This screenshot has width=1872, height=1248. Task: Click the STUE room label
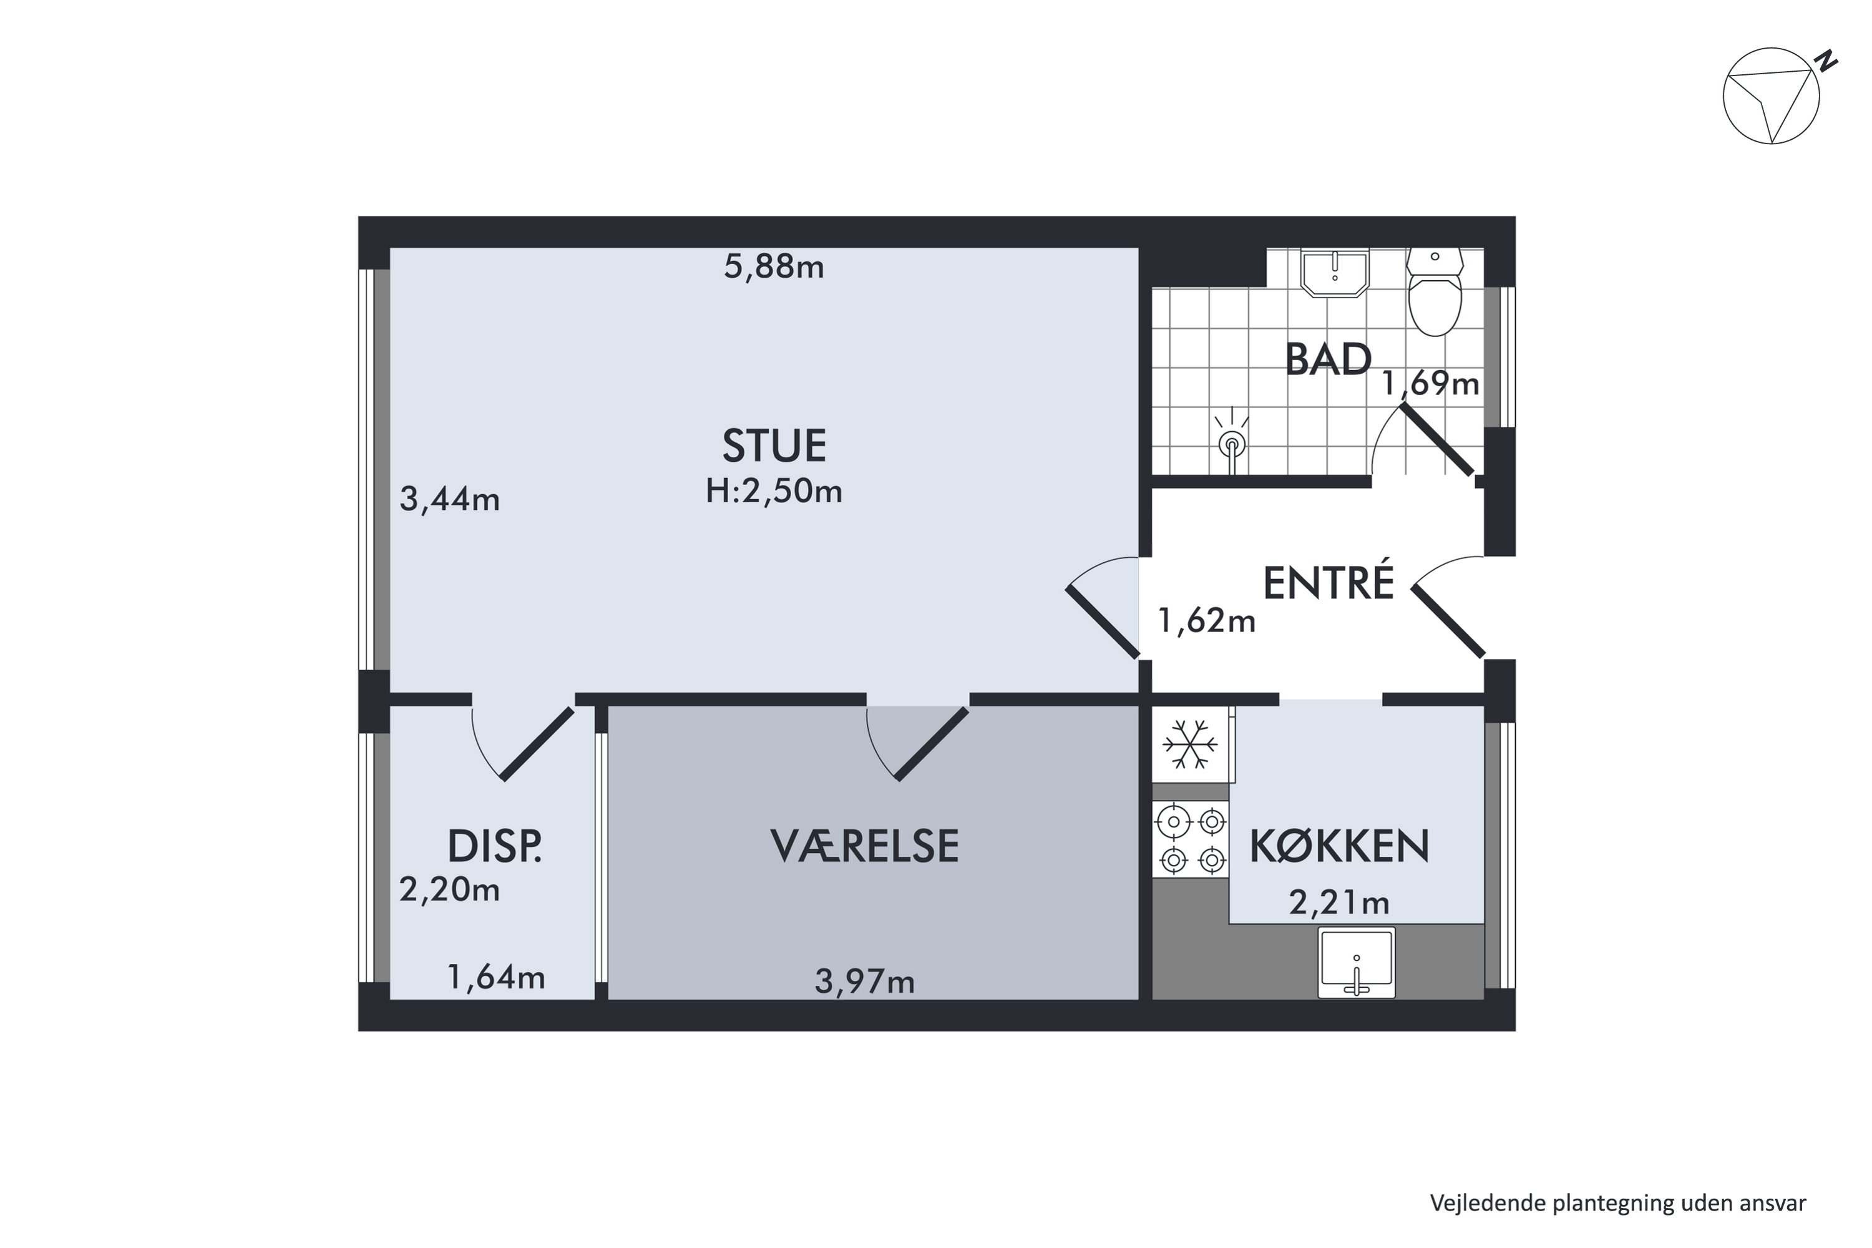tap(774, 446)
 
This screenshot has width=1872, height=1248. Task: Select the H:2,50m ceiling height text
tap(774, 491)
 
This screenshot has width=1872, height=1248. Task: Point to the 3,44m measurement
tap(450, 500)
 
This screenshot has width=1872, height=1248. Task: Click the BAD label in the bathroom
tap(1328, 360)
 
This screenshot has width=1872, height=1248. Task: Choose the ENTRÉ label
tap(1328, 583)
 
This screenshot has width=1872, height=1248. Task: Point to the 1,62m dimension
tap(1206, 621)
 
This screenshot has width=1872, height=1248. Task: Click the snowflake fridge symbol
tap(1190, 744)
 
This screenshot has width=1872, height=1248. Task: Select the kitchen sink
tap(1356, 963)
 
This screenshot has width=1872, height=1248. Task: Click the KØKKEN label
tap(1340, 846)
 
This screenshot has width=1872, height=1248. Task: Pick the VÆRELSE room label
tap(864, 846)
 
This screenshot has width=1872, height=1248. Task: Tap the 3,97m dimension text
tap(864, 982)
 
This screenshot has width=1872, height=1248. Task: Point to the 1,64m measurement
tap(496, 977)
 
